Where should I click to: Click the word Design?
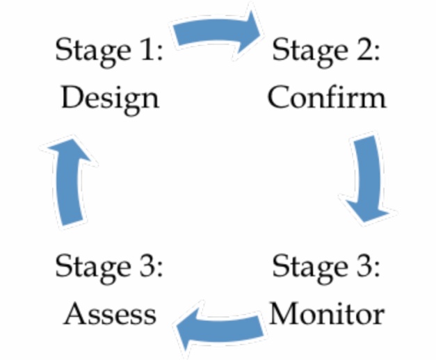click(109, 98)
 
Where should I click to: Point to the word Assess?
click(110, 314)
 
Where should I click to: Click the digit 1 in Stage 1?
click(149, 51)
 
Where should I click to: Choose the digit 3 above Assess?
click(149, 268)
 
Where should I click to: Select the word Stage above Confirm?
click(309, 51)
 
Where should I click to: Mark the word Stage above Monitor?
click(309, 268)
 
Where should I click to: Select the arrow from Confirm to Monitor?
click(369, 177)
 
